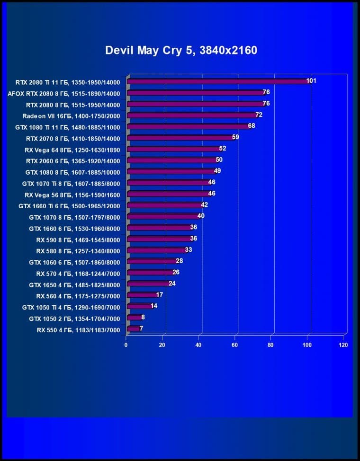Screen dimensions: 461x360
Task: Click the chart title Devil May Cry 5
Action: pyautogui.click(x=181, y=50)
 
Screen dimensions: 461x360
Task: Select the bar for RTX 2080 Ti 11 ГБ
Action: pyautogui.click(x=218, y=81)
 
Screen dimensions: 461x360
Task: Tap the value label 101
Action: pyautogui.click(x=311, y=81)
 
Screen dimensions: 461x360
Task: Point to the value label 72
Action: pyautogui.click(x=259, y=115)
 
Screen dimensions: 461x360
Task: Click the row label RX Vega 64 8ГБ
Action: pyautogui.click(x=72, y=150)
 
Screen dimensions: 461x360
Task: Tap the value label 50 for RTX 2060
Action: pyautogui.click(x=219, y=160)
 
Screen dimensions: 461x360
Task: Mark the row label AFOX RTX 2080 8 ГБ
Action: pyautogui.click(x=64, y=93)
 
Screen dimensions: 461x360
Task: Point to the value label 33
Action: pyautogui.click(x=188, y=250)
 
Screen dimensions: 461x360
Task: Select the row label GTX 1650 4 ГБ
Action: pyautogui.click(x=74, y=285)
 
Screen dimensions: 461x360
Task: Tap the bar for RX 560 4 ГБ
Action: pyautogui.click(x=142, y=295)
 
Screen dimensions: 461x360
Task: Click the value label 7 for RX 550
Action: pyautogui.click(x=141, y=328)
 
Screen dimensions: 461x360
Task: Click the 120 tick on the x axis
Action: pyautogui.click(x=343, y=345)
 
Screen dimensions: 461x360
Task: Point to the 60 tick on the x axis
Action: pyautogui.click(x=235, y=345)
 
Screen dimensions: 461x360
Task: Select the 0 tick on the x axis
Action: pyautogui.click(x=126, y=345)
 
